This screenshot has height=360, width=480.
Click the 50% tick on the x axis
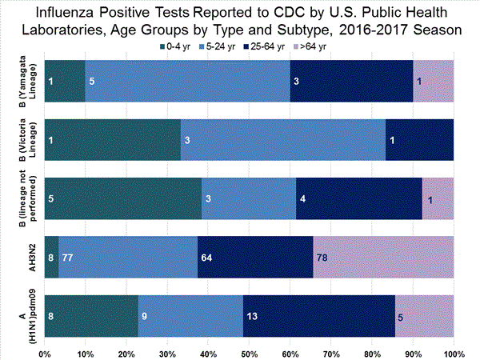[249, 353]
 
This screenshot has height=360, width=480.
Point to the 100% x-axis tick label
[453, 353]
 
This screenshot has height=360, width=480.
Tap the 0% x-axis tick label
[45, 353]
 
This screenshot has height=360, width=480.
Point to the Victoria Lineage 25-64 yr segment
[420, 139]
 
